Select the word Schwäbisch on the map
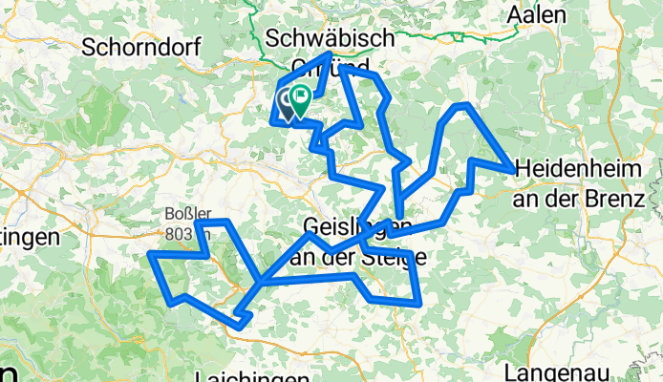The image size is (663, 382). pos(329,37)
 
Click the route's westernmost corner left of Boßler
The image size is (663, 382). pos(151,254)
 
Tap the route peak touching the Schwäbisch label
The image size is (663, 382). pos(331,53)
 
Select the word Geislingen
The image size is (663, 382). pos(346,226)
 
